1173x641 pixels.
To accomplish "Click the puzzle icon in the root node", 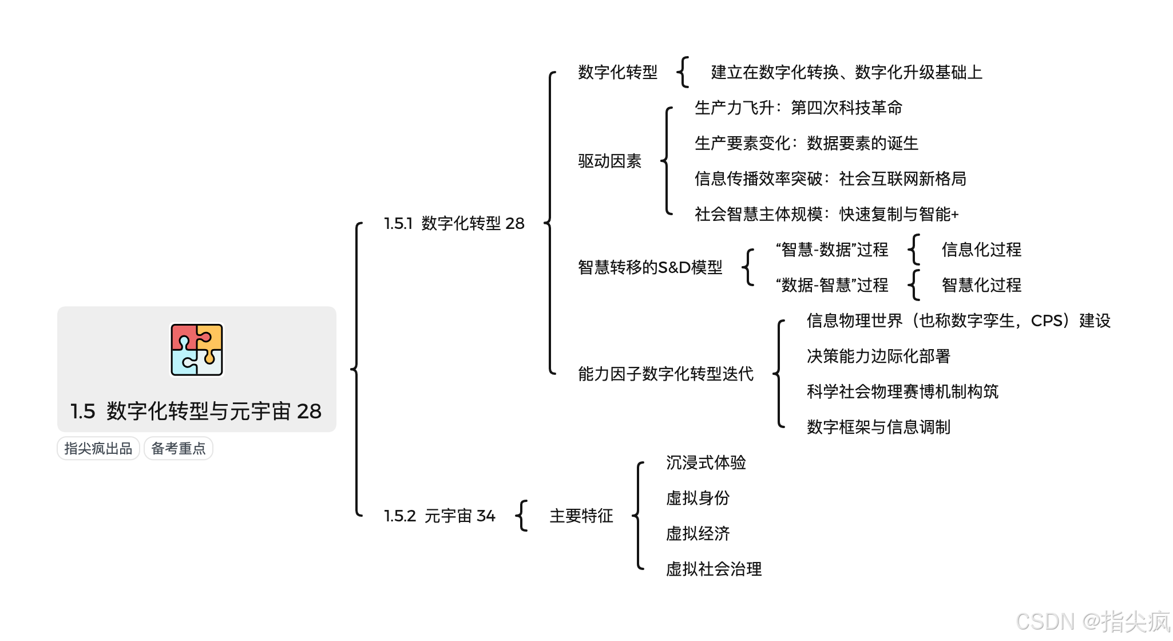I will pos(197,350).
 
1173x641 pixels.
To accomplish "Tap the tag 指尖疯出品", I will pos(98,448).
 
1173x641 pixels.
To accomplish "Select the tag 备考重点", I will pos(179,448).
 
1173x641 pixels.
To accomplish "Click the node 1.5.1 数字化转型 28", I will pos(454,223).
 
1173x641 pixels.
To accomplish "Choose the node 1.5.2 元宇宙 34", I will pos(439,516).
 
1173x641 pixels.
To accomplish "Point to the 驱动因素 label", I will pos(609,161).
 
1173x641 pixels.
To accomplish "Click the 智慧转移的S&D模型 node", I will pos(650,267).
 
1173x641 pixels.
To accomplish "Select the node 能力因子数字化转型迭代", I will pos(665,374).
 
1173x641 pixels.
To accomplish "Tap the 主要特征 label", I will pos(581,516).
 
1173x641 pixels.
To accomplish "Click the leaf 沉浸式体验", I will pos(706,462).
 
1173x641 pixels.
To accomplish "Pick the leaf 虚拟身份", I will pos(698,498).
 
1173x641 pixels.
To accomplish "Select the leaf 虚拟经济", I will pos(698,533).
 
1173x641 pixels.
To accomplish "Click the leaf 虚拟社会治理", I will pos(714,569).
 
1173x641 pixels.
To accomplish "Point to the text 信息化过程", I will pos(981,250).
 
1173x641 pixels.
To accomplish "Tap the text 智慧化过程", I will pos(981,285).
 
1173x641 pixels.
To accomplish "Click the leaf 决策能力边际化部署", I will pos(878,356).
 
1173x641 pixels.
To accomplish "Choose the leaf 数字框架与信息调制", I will pos(878,427).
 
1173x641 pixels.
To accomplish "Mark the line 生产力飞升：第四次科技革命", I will pos(798,108).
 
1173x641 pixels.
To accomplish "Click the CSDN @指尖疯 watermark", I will pos(1093,621).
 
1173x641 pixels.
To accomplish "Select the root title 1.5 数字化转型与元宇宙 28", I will pos(196,411).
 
